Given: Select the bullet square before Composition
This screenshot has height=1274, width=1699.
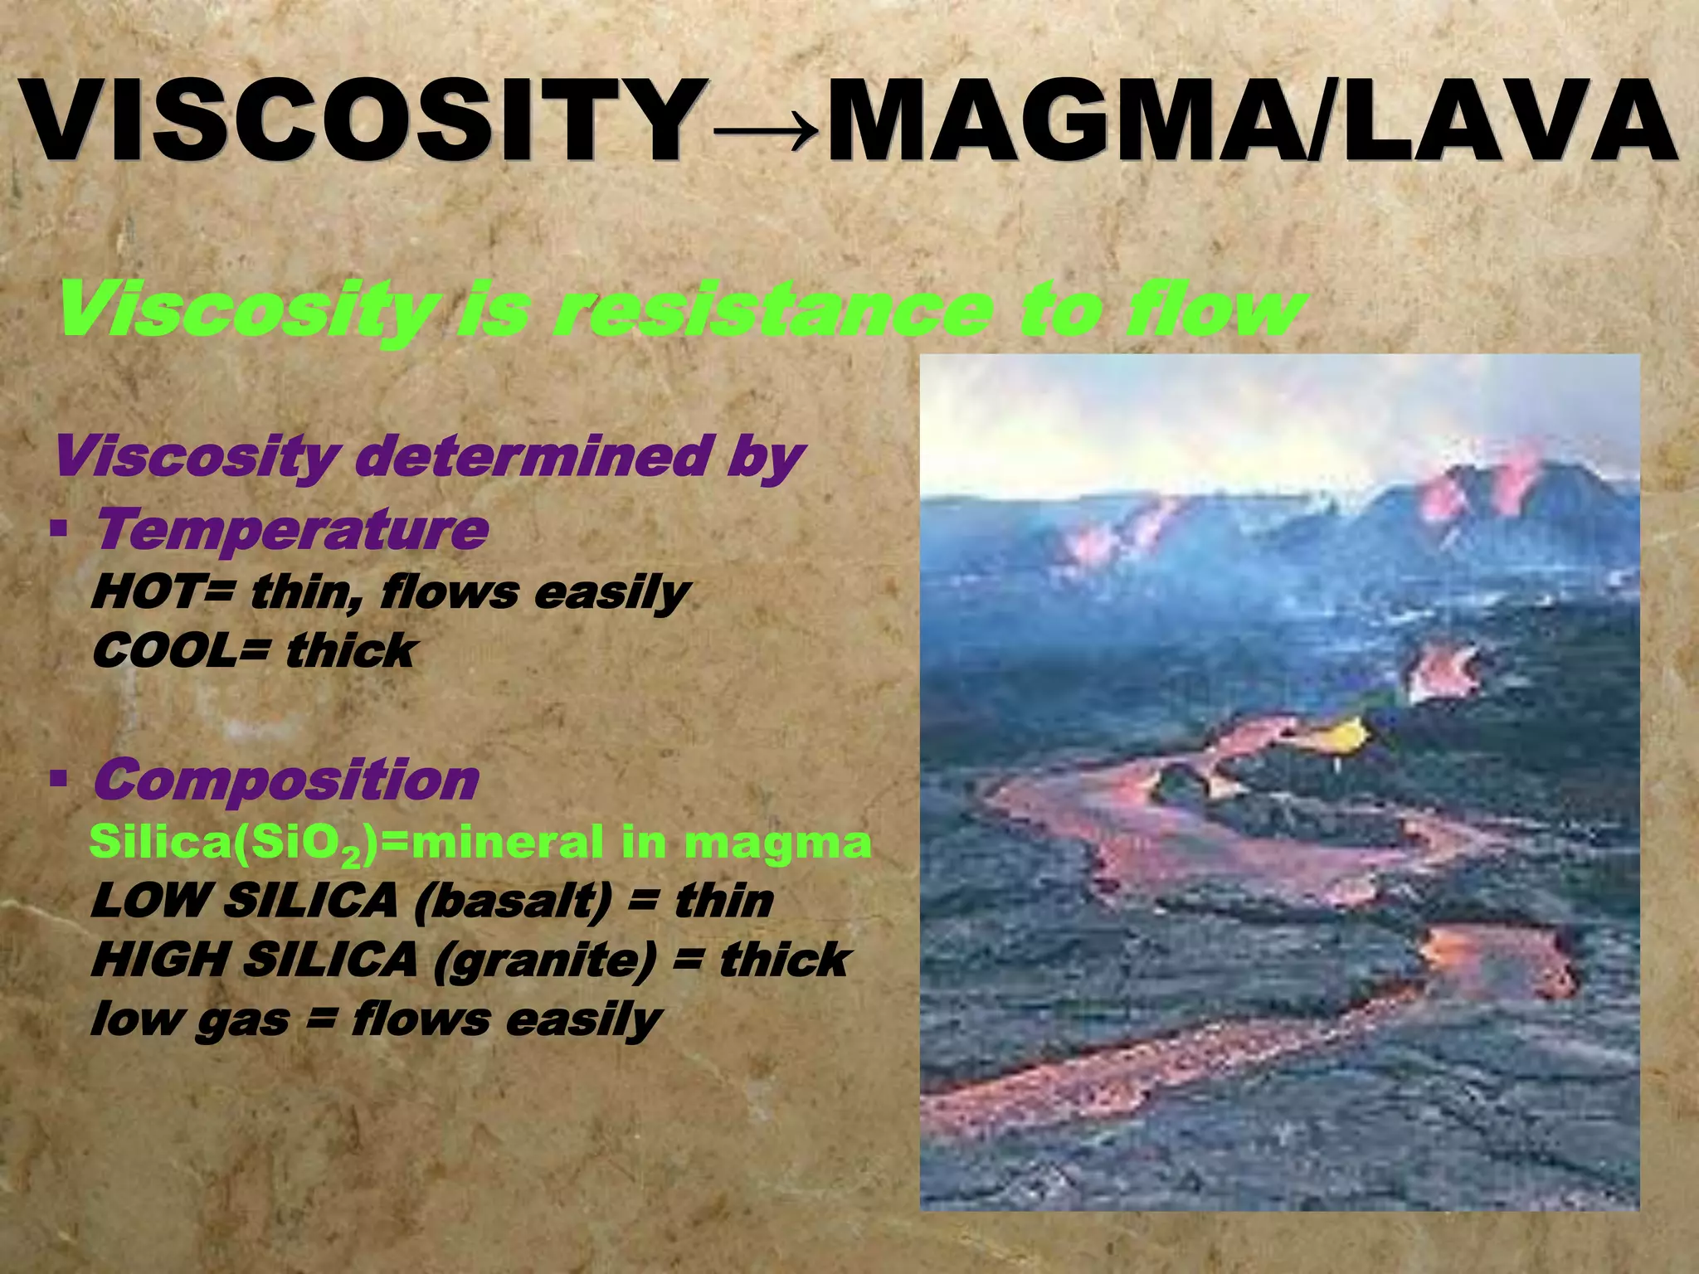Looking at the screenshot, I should point(58,779).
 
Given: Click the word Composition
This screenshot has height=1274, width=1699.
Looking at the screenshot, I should point(286,780).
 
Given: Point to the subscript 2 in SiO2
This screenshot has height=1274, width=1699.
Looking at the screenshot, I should point(353,855).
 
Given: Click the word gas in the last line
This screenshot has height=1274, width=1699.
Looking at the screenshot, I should point(241,1019).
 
